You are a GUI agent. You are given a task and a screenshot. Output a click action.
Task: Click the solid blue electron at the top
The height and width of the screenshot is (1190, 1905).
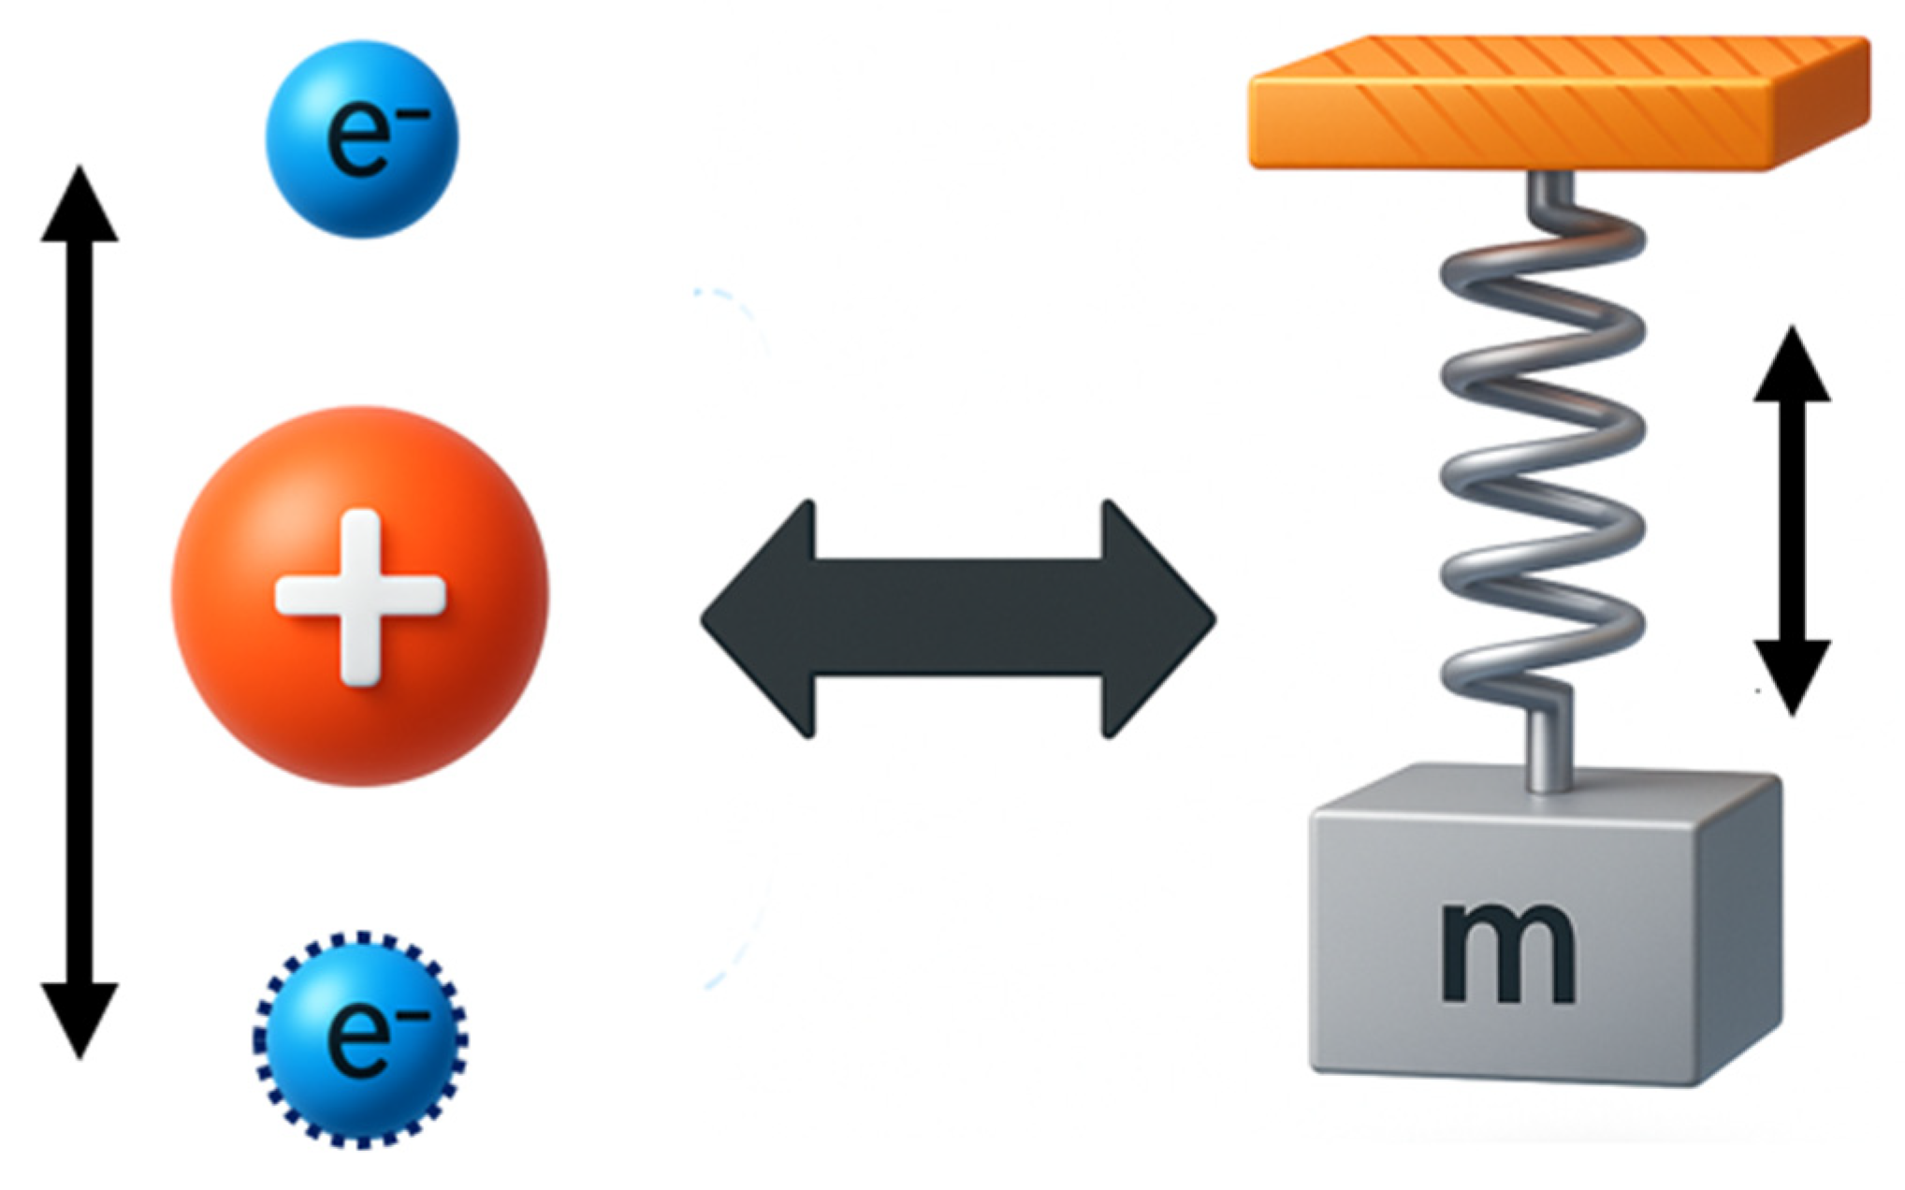362,138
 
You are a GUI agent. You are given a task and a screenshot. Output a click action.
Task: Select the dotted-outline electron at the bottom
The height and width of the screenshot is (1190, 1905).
361,1038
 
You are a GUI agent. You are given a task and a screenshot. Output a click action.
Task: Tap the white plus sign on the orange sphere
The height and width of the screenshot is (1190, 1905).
360,597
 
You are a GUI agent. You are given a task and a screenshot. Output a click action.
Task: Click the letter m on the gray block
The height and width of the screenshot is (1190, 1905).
1507,954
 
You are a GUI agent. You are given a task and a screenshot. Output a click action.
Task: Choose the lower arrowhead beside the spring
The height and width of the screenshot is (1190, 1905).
1791,674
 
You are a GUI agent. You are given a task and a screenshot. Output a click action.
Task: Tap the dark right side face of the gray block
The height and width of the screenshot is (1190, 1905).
1740,936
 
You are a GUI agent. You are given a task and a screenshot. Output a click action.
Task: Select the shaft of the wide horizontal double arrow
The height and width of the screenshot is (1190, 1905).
959,619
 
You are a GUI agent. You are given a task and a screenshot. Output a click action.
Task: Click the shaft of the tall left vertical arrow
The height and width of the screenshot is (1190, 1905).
80,608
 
